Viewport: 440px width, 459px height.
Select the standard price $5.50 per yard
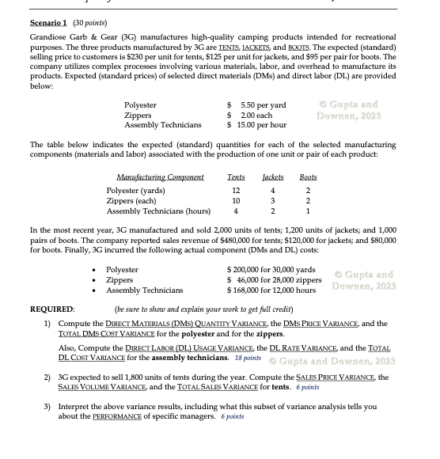256,105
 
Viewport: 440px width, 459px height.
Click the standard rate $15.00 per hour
256,124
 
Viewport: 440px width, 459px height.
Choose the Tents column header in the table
236,177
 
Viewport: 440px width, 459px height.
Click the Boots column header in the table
308,177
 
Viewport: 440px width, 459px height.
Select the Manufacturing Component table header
160,177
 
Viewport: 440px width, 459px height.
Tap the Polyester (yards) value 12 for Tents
236,191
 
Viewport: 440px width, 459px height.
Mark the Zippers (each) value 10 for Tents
236,201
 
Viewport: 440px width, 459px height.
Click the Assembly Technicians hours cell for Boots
308,211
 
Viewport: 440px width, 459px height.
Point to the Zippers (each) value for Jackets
272,201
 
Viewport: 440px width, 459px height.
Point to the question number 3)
47,406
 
